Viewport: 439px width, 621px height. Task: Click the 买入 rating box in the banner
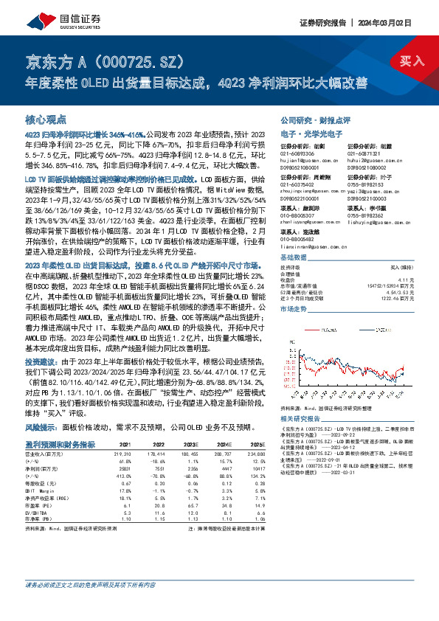pyautogui.click(x=405, y=61)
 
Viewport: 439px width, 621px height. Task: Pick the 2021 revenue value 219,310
pyautogui.click(x=122, y=454)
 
